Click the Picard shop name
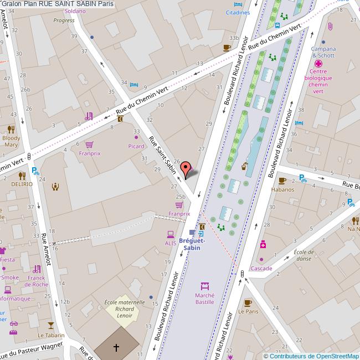coord(136,146)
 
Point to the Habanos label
coord(282,189)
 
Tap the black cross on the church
coord(116,348)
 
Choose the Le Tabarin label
coord(51,335)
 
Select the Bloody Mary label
coord(11,141)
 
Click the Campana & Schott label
coord(324,52)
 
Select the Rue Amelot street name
coord(47,249)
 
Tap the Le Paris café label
coord(248,311)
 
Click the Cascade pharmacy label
coord(261,269)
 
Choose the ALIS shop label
coord(170,243)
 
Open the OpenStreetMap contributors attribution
coord(311,356)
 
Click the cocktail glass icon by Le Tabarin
coord(51,325)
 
